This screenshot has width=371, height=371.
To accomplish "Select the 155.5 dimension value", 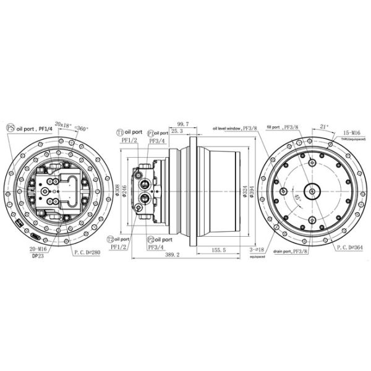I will click(x=218, y=250).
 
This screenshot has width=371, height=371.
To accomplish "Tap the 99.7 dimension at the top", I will click(x=183, y=124).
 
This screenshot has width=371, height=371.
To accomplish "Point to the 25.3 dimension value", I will click(x=176, y=132).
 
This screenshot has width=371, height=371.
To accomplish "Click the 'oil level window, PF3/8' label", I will click(x=235, y=128).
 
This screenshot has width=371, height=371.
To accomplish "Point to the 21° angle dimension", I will click(x=325, y=126).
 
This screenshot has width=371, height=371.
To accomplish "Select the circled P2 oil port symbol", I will click(x=150, y=239).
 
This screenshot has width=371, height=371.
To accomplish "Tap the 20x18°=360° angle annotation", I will click(x=71, y=126).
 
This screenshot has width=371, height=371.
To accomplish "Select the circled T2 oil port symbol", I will click(x=111, y=239).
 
